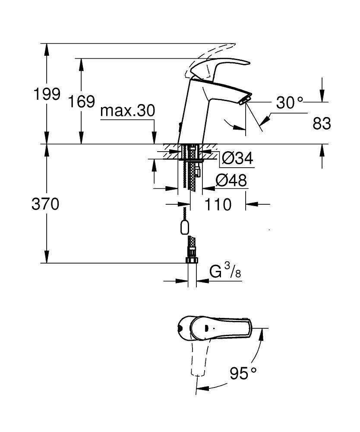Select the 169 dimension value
82,102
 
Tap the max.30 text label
128,111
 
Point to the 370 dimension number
45,204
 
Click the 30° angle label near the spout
289,103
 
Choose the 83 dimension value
322,124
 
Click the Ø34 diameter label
237,159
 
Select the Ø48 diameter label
231,181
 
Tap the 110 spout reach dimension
218,204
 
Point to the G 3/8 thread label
225,271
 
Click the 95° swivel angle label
243,373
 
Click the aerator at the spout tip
246,100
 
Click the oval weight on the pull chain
185,227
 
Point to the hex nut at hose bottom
192,260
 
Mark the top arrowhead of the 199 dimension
47,50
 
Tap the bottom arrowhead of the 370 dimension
47,257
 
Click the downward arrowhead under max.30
155,138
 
